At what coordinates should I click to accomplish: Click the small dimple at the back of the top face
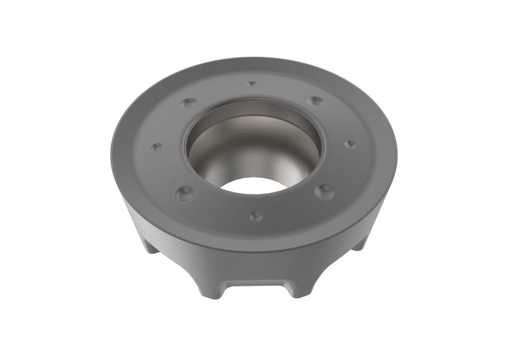[252, 84]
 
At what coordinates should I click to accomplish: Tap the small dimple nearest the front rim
[255, 216]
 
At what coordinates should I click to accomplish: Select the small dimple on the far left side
[157, 147]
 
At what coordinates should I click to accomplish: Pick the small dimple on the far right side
[350, 144]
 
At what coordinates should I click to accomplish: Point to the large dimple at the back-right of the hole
[315, 102]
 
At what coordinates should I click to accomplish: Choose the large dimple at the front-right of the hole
[324, 191]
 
